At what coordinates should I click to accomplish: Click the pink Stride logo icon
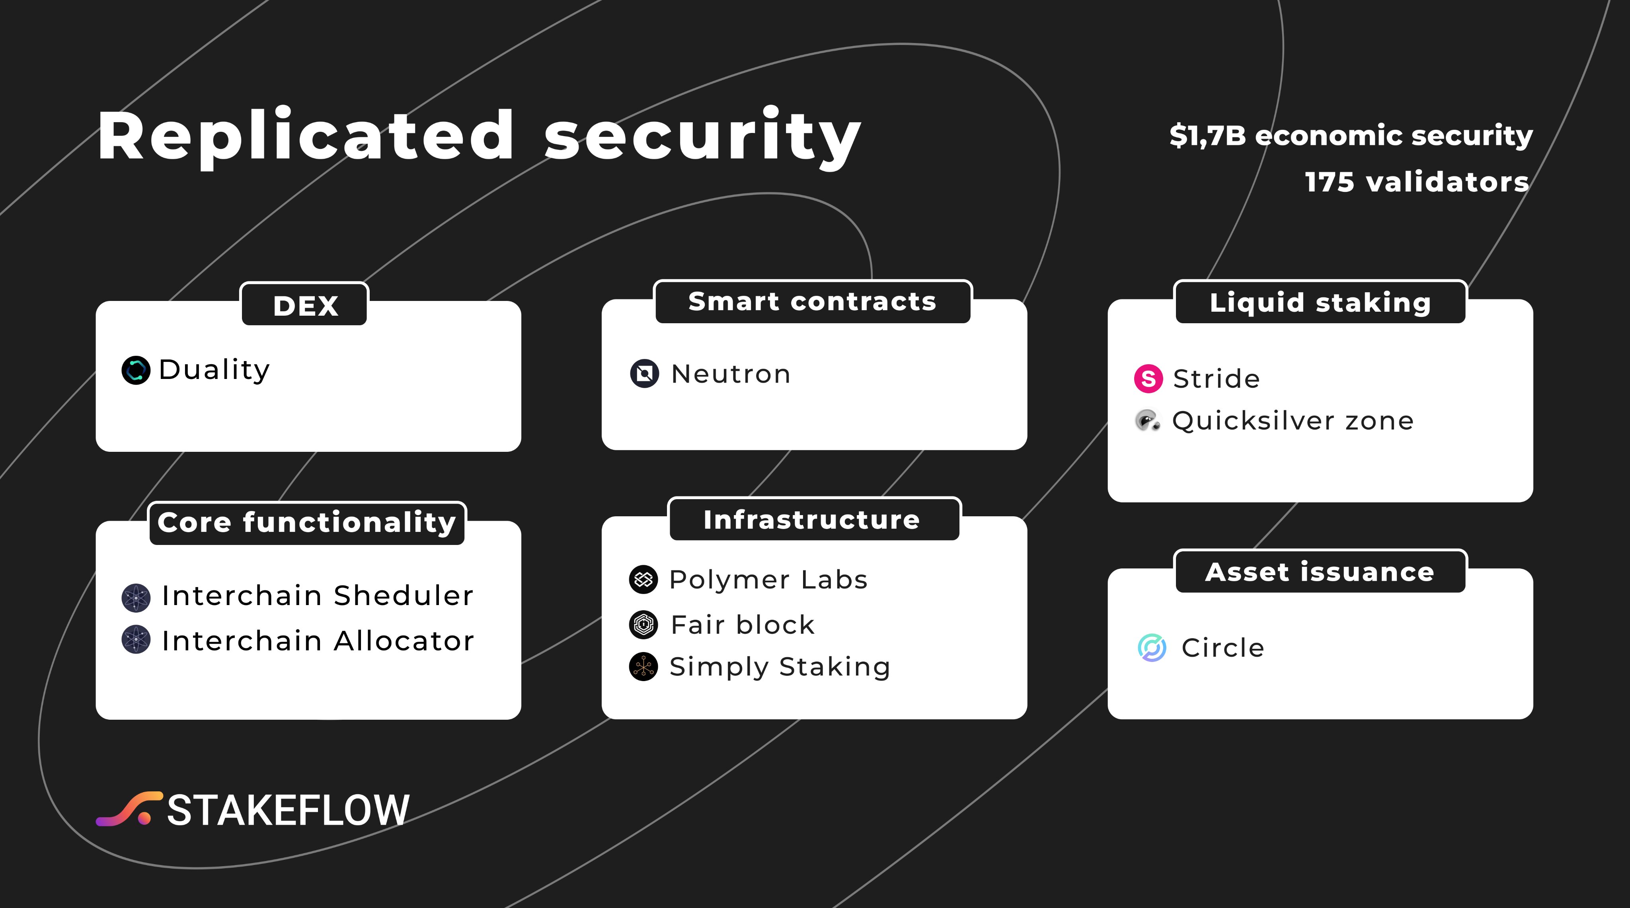point(1148,379)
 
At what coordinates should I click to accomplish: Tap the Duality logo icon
point(135,370)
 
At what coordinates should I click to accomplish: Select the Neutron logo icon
point(644,373)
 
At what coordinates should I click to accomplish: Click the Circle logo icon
point(1152,648)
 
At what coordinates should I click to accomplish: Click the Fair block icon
point(643,625)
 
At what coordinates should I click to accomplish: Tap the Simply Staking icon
point(643,666)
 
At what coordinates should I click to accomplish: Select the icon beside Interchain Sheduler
point(135,598)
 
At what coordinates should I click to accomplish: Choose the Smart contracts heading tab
point(813,302)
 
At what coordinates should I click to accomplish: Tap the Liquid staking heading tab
point(1320,303)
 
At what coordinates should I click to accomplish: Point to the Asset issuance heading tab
point(1320,572)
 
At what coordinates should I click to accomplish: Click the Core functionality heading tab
point(307,523)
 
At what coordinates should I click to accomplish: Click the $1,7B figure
point(1207,135)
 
